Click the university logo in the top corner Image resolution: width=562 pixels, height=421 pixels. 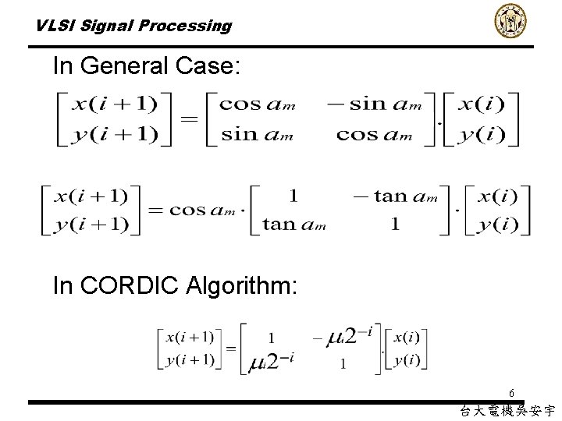pyautogui.click(x=510, y=21)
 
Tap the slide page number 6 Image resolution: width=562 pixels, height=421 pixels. pyautogui.click(x=510, y=393)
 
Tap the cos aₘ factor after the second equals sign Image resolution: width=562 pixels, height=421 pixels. pyautogui.click(x=205, y=210)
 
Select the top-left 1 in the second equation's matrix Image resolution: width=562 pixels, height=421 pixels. pyautogui.click(x=293, y=196)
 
